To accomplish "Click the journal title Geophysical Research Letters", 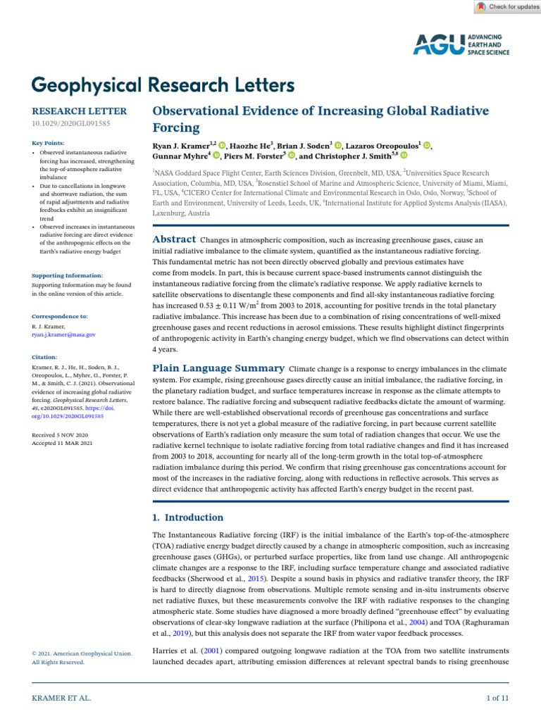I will [x=163, y=85].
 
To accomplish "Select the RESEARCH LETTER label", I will [x=80, y=111].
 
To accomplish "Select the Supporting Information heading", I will [x=68, y=275].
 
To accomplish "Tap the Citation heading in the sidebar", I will [x=45, y=357].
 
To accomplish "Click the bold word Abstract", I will [x=174, y=239].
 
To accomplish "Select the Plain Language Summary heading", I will [x=218, y=368].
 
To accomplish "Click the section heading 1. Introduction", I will [x=189, y=517].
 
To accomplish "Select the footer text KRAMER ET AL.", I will [x=62, y=698].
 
